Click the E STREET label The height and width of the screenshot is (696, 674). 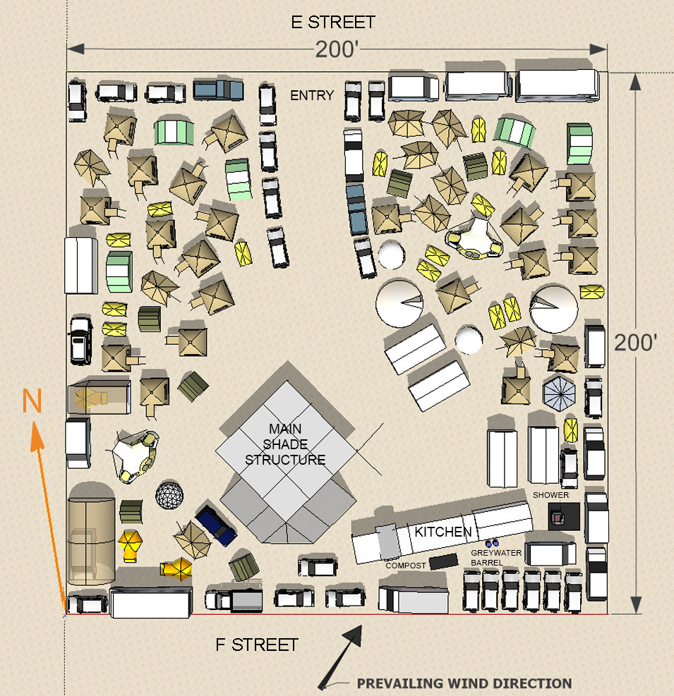pos(333,22)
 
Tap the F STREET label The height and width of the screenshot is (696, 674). pos(256,645)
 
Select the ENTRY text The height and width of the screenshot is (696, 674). pos(312,95)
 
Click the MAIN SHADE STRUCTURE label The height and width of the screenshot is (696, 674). pos(285,444)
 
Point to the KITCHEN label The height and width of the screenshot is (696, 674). pos(443,531)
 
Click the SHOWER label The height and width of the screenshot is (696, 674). pos(550,495)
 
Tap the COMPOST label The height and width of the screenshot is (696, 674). pos(406,566)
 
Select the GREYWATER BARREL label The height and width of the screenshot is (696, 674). pos(496,558)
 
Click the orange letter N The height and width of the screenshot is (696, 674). pos(32,401)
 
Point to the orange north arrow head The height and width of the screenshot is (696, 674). pos(37,436)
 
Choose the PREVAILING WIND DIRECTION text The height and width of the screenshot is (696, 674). pos(464,683)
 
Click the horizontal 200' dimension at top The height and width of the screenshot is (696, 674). pos(337,49)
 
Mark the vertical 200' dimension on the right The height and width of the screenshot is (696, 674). pos(636,343)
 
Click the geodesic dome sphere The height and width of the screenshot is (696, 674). pos(169,495)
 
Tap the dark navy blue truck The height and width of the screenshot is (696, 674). pos(216,525)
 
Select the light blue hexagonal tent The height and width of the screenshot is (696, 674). pos(559,392)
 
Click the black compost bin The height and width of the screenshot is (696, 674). pos(443,561)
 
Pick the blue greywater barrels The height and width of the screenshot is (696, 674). pos(492,543)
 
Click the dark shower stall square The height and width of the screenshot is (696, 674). pos(564,516)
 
